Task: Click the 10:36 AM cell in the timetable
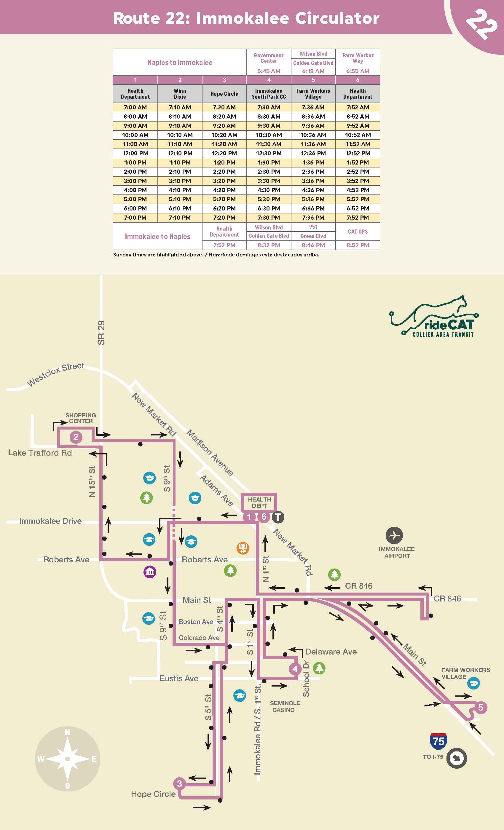pyautogui.click(x=313, y=135)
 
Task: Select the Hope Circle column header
pyautogui.click(x=224, y=94)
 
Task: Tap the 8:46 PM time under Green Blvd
pyautogui.click(x=313, y=245)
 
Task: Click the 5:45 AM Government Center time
pyautogui.click(x=269, y=71)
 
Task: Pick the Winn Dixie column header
pyautogui.click(x=180, y=94)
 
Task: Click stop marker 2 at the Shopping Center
pyautogui.click(x=76, y=437)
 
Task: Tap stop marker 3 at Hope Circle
pyautogui.click(x=179, y=783)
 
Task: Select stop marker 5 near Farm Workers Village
pyautogui.click(x=480, y=707)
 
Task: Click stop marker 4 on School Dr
pyautogui.click(x=295, y=669)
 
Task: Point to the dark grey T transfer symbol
pyautogui.click(x=278, y=517)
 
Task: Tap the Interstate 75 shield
pyautogui.click(x=438, y=741)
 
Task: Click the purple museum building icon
pyautogui.click(x=150, y=572)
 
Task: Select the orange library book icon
pyautogui.click(x=243, y=548)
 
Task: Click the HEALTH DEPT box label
pyautogui.click(x=259, y=502)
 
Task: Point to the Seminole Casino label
pyautogui.click(x=285, y=706)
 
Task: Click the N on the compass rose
pyautogui.click(x=67, y=732)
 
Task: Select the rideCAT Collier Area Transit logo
pyautogui.click(x=435, y=318)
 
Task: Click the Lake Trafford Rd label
pyautogui.click(x=40, y=453)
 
